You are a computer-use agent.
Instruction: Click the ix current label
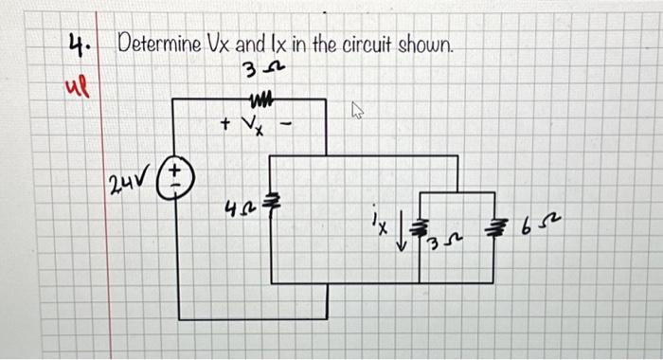point(379,225)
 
